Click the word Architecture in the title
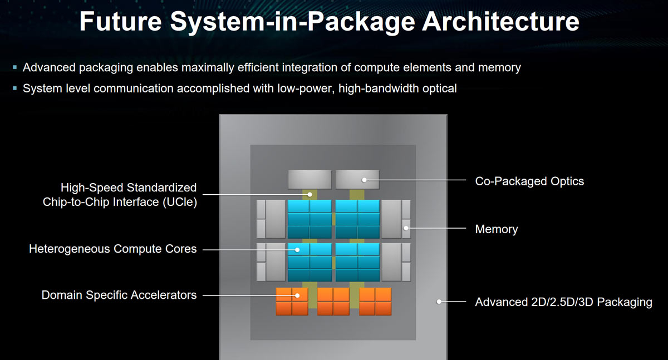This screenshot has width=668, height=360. pyautogui.click(x=500, y=22)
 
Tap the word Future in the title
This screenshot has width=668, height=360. pyautogui.click(x=121, y=22)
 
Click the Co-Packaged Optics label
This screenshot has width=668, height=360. pyautogui.click(x=529, y=181)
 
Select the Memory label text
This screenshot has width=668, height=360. pyautogui.click(x=497, y=229)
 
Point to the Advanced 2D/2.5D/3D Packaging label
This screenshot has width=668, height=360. pyautogui.click(x=563, y=302)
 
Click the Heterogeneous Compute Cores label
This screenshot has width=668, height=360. pyautogui.click(x=112, y=249)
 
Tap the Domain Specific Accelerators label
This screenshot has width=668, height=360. pyautogui.click(x=119, y=295)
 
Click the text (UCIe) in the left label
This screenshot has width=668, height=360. pyautogui.click(x=180, y=202)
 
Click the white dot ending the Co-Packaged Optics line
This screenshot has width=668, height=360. pyautogui.click(x=364, y=180)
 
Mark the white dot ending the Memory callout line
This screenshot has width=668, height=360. pyautogui.click(x=406, y=228)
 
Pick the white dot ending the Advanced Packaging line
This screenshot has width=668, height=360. pyautogui.click(x=439, y=302)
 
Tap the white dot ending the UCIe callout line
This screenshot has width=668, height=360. pyautogui.click(x=310, y=195)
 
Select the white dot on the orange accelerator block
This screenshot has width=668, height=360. pyautogui.click(x=297, y=295)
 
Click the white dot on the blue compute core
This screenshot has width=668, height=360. pyautogui.click(x=297, y=250)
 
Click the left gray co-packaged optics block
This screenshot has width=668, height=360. pyautogui.click(x=310, y=179)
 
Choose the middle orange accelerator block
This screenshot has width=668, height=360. pyautogui.click(x=333, y=301)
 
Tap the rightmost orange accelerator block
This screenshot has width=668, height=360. pyautogui.click(x=375, y=301)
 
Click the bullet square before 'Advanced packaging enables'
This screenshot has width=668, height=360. pyautogui.click(x=15, y=67)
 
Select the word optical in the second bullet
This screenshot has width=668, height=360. pyautogui.click(x=439, y=89)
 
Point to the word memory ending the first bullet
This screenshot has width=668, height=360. pyautogui.click(x=499, y=68)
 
